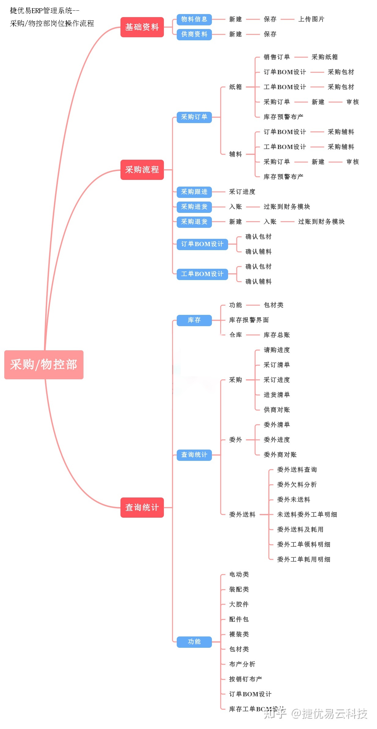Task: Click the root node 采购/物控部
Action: pos(44,365)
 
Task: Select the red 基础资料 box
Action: pos(142,27)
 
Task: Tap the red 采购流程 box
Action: pos(142,170)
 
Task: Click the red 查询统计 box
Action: pos(142,508)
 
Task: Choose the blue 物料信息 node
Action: pos(194,20)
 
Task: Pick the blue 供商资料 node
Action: pos(194,35)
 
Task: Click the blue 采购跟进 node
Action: pos(194,192)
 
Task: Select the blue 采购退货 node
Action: pos(194,222)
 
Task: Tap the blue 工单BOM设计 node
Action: pos(202,274)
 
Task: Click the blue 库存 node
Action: pos(194,320)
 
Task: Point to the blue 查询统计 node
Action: pos(194,455)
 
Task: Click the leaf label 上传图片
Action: pos(311,19)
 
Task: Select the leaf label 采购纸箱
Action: pos(325,57)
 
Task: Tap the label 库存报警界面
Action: pos(249,320)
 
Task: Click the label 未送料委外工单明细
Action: pos(307,515)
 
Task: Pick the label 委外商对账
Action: pos(280,455)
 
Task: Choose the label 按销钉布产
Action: pos(246,679)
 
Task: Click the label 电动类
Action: pos(239,574)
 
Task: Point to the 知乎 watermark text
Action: pos(275,714)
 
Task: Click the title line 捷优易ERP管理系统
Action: pos(45,11)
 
